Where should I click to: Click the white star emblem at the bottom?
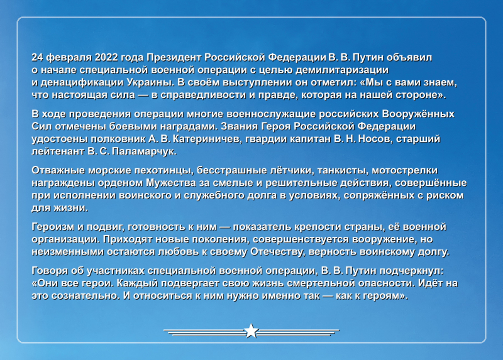251,330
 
